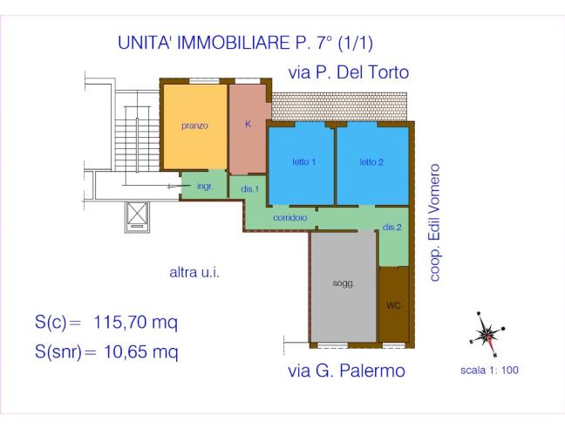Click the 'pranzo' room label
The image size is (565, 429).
(194, 126)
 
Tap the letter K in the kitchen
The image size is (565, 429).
(248, 125)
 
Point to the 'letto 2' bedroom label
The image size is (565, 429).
(372, 162)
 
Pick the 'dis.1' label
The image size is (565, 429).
(248, 190)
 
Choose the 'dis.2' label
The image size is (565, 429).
(392, 228)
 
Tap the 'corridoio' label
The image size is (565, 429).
(289, 218)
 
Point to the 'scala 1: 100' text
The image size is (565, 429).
(488, 370)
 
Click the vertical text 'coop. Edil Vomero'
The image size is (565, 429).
(436, 221)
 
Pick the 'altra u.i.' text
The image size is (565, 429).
(194, 273)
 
